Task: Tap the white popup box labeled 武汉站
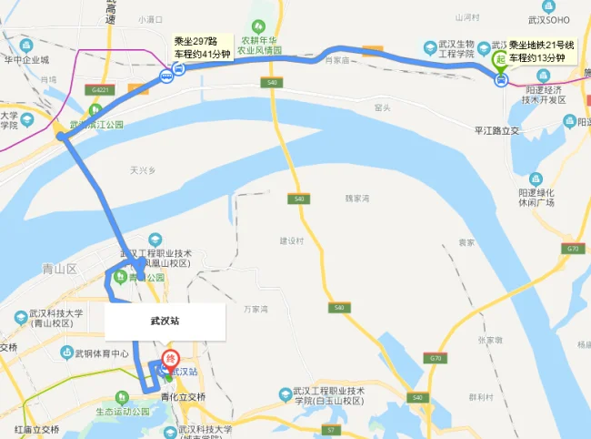165,322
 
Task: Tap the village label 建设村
290,241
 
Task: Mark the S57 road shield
332,428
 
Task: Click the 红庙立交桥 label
36,428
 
